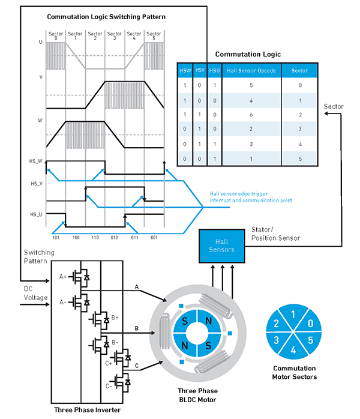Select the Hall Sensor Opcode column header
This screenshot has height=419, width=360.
point(251,70)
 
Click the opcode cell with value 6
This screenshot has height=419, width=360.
point(251,113)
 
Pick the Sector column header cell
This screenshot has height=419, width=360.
point(299,70)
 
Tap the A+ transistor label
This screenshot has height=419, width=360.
point(63,277)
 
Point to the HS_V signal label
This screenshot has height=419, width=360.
point(36,184)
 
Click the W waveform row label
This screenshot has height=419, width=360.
point(40,120)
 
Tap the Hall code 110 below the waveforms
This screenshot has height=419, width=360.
point(95,238)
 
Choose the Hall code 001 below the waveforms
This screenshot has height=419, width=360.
point(154,238)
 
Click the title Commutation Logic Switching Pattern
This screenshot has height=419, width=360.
point(106,17)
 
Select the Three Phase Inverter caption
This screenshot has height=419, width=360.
point(88,410)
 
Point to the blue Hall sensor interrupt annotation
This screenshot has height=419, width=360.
point(251,196)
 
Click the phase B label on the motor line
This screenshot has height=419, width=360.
point(137,328)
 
